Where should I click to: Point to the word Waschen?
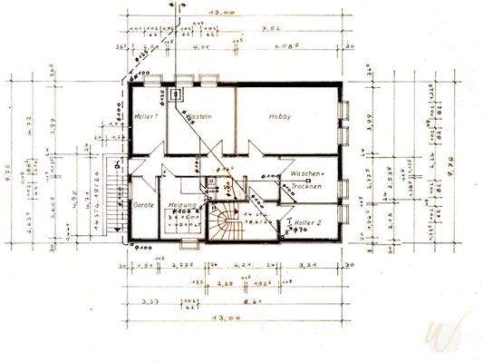click(x=306, y=174)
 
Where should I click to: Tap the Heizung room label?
click(x=184, y=206)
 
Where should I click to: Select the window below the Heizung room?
click(x=188, y=245)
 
